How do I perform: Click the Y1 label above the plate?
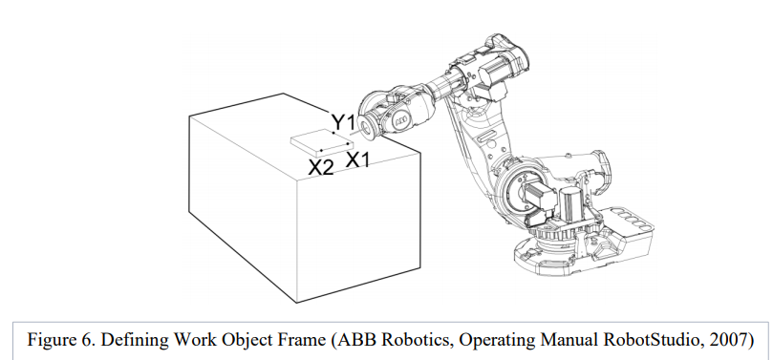(x=343, y=122)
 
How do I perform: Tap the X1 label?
(x=357, y=159)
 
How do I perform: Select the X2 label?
(x=321, y=168)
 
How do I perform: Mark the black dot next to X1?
(x=348, y=144)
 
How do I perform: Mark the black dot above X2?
(x=321, y=150)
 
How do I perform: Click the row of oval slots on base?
(x=633, y=219)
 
